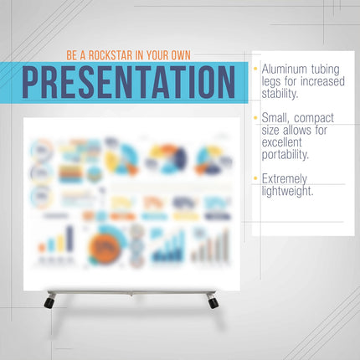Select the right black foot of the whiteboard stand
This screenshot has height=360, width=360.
(x=213, y=301)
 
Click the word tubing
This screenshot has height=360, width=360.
(x=330, y=68)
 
